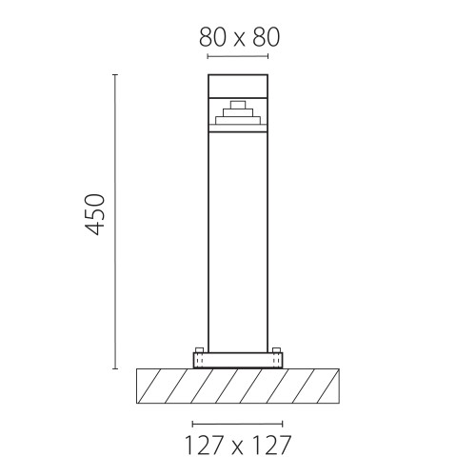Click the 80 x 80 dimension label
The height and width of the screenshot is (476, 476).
click(x=240, y=37)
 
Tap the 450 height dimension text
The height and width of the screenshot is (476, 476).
click(x=95, y=214)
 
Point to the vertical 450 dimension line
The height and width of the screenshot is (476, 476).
click(x=115, y=222)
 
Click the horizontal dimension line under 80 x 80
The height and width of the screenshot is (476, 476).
click(x=238, y=56)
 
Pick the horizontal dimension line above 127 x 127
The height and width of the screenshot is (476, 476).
click(x=237, y=424)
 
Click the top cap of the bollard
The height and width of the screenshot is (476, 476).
click(x=238, y=86)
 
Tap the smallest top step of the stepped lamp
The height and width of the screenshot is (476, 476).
click(x=238, y=105)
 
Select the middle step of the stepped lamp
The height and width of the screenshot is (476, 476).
click(x=238, y=113)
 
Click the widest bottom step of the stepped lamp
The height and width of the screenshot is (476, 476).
click(x=238, y=120)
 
